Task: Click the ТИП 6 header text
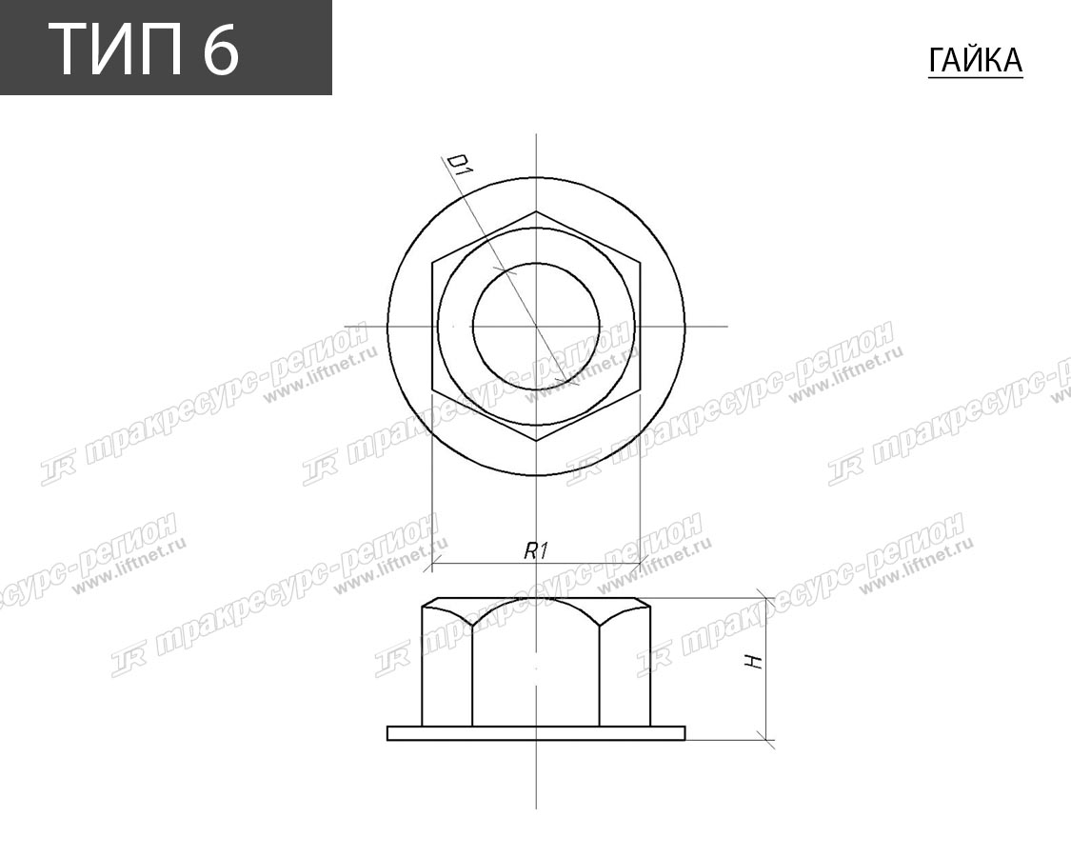pyautogui.click(x=144, y=49)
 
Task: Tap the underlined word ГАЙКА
pyautogui.click(x=976, y=60)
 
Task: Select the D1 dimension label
pyautogui.click(x=458, y=166)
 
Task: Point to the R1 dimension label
pyautogui.click(x=536, y=550)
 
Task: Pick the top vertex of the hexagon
pyautogui.click(x=536, y=211)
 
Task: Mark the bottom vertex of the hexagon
pyautogui.click(x=536, y=441)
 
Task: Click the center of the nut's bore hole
pyautogui.click(x=536, y=326)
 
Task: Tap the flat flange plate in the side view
pyautogui.click(x=536, y=732)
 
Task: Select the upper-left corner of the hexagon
pyautogui.click(x=432, y=262)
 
